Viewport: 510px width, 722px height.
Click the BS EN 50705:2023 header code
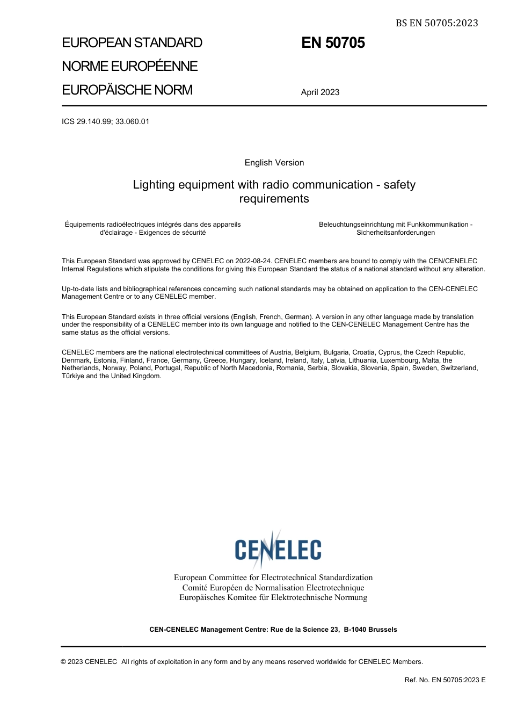tap(436, 23)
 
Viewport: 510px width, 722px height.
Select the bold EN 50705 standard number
tap(333, 43)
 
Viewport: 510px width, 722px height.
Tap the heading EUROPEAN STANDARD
tap(132, 43)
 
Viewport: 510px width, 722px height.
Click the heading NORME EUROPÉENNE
tap(129, 67)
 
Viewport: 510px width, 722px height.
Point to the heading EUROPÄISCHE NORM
tap(127, 90)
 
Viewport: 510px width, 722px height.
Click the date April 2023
tap(320, 92)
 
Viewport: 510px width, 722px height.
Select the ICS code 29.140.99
tap(94, 122)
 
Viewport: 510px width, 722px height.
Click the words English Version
tap(274, 163)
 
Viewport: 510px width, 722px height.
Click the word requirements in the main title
tap(274, 199)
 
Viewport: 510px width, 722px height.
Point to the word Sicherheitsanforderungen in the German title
tap(396, 233)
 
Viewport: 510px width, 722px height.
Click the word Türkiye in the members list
tap(73, 376)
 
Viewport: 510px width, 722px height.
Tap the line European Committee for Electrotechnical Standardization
tap(273, 577)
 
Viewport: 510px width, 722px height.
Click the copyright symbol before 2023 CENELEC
tap(63, 662)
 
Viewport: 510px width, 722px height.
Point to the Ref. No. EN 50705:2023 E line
tap(445, 680)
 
